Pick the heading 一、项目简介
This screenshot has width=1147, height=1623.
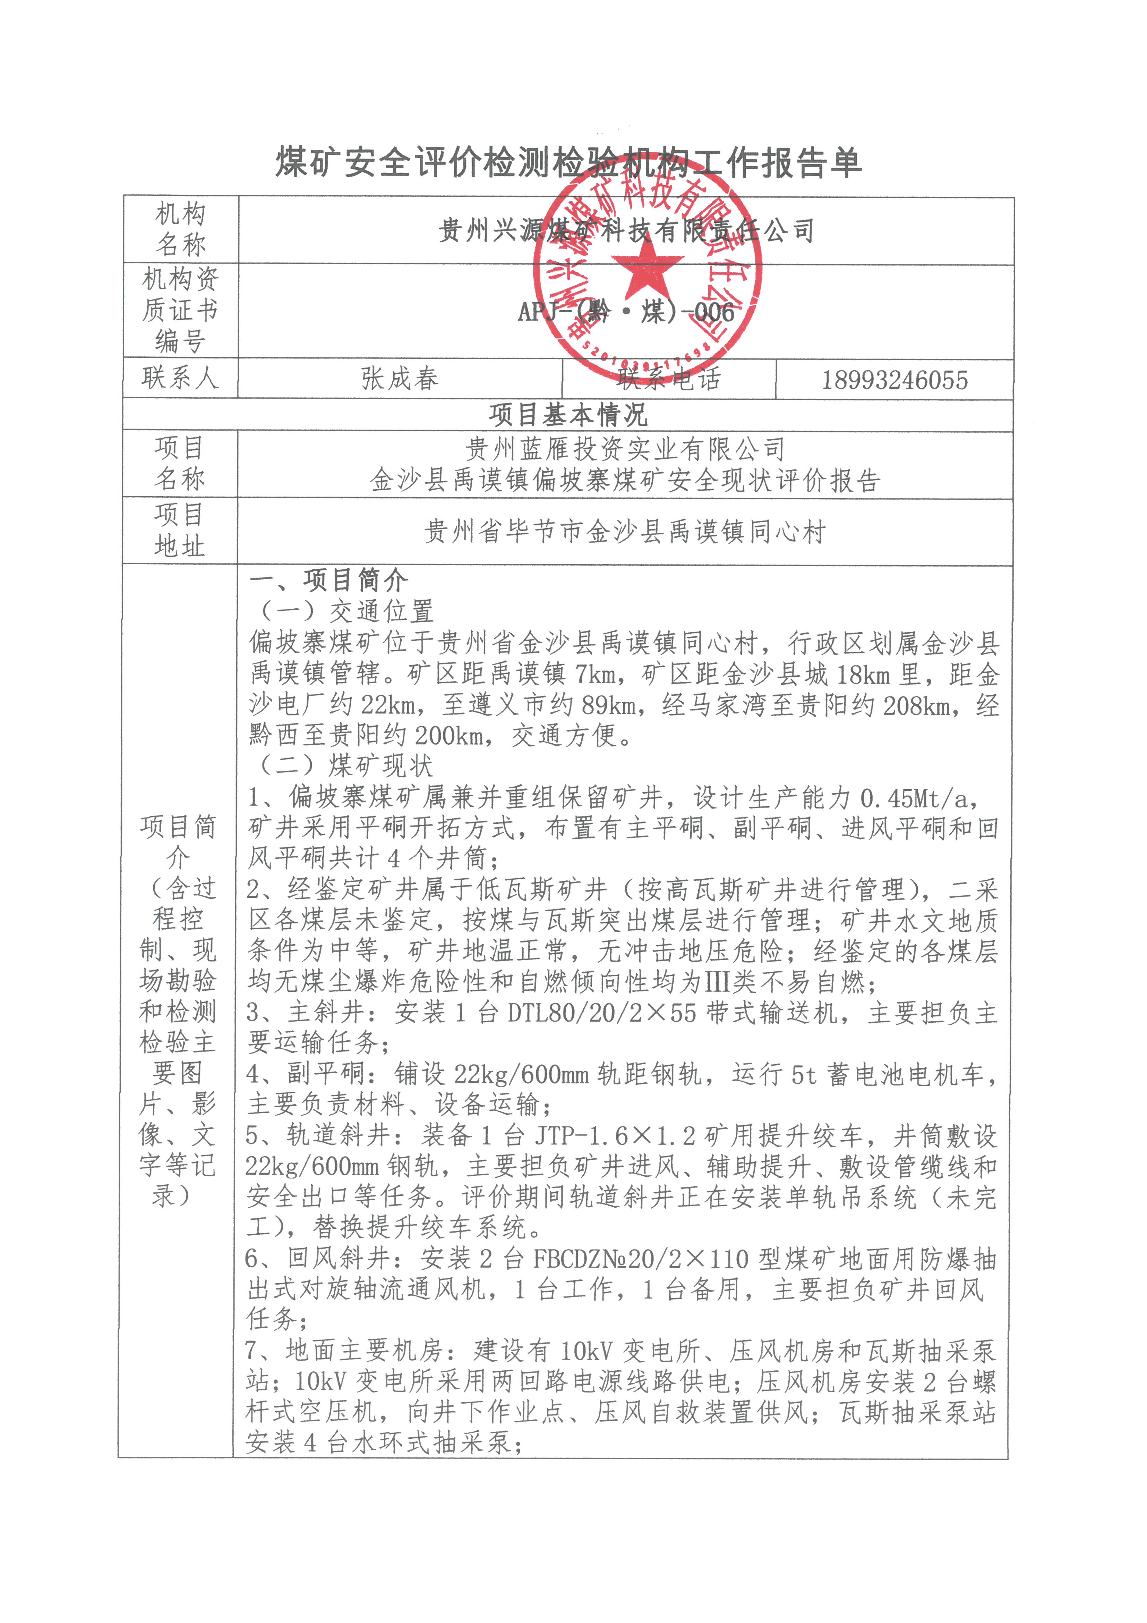click(328, 580)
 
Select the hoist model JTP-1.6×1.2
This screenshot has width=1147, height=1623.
click(615, 1135)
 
